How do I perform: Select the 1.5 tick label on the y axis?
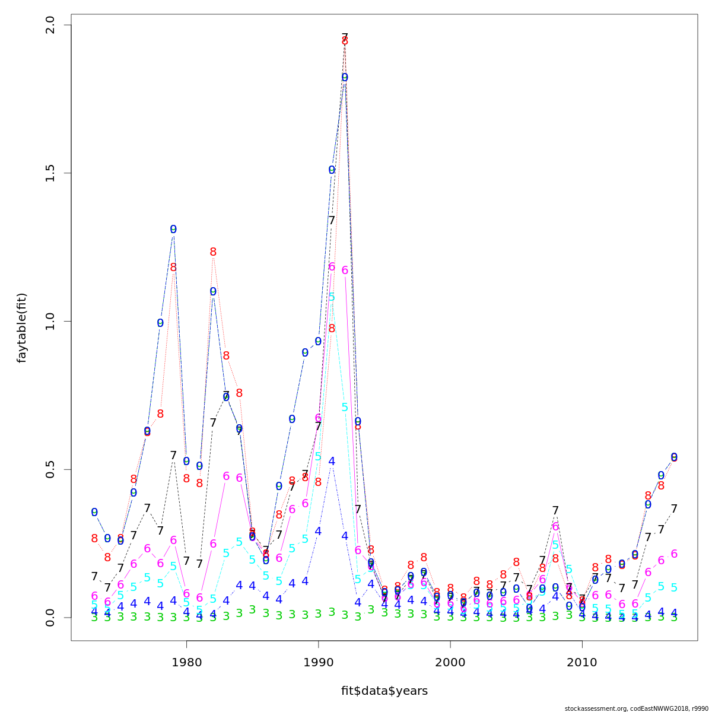click(50, 173)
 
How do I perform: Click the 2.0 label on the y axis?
click(50, 26)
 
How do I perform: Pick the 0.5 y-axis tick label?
click(50, 469)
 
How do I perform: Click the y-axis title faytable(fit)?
click(22, 328)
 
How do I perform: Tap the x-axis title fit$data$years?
click(384, 691)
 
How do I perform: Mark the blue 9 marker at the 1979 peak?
click(173, 230)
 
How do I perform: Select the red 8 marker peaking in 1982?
click(213, 252)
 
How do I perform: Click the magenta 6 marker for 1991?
click(332, 267)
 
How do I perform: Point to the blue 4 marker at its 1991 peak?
click(332, 461)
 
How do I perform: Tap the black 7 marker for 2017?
click(674, 508)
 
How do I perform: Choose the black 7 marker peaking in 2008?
click(555, 510)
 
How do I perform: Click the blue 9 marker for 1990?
click(319, 341)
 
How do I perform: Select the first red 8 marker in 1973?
click(94, 539)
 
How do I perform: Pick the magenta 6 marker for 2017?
click(674, 554)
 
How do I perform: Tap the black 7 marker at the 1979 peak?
click(173, 455)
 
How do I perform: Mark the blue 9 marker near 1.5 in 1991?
click(332, 170)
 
